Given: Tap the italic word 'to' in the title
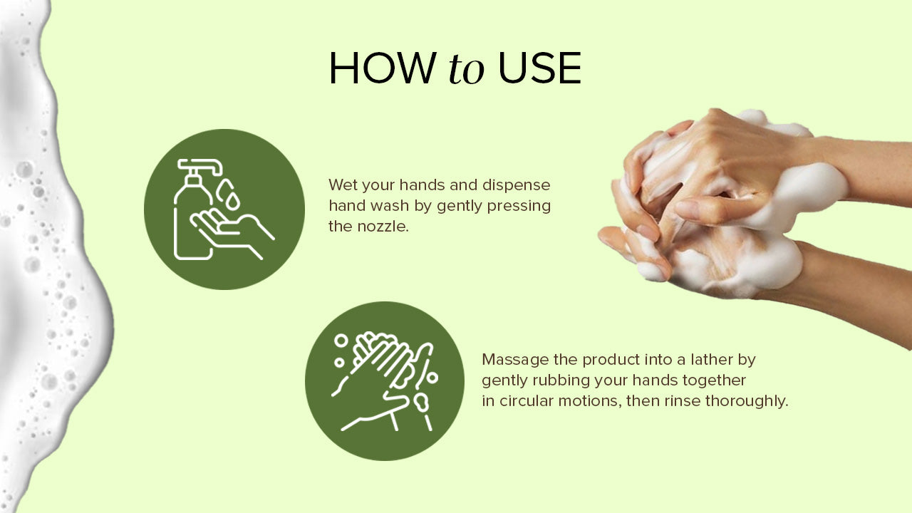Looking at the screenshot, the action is pos(467,69).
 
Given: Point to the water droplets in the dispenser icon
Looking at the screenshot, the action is pos(229,195).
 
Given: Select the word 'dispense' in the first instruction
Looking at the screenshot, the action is pos(517,185).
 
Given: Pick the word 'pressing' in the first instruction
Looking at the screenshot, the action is pos(519,206).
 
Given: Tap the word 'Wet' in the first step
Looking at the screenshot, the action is pos(343,185).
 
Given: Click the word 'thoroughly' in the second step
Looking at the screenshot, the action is pos(747,401).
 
